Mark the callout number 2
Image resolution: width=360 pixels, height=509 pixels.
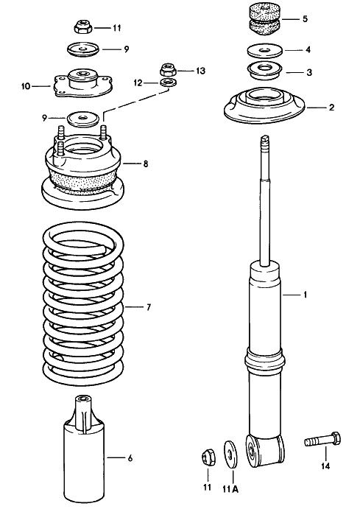coord(331,108)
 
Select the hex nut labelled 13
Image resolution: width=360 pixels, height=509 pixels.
coord(166,71)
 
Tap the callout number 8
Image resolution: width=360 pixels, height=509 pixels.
coord(146,163)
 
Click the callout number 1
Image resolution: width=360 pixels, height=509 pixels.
coord(306,295)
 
